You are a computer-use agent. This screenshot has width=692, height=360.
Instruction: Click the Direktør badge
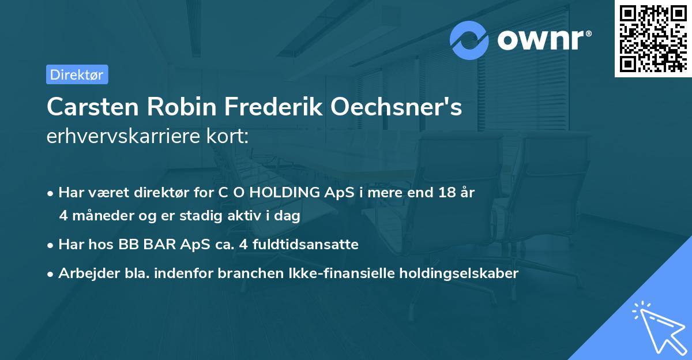(x=77, y=74)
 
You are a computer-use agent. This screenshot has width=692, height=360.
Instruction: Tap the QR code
(x=652, y=38)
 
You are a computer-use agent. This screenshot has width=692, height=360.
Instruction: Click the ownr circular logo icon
(x=469, y=40)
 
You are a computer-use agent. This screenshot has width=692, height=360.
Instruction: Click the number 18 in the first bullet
(x=446, y=193)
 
